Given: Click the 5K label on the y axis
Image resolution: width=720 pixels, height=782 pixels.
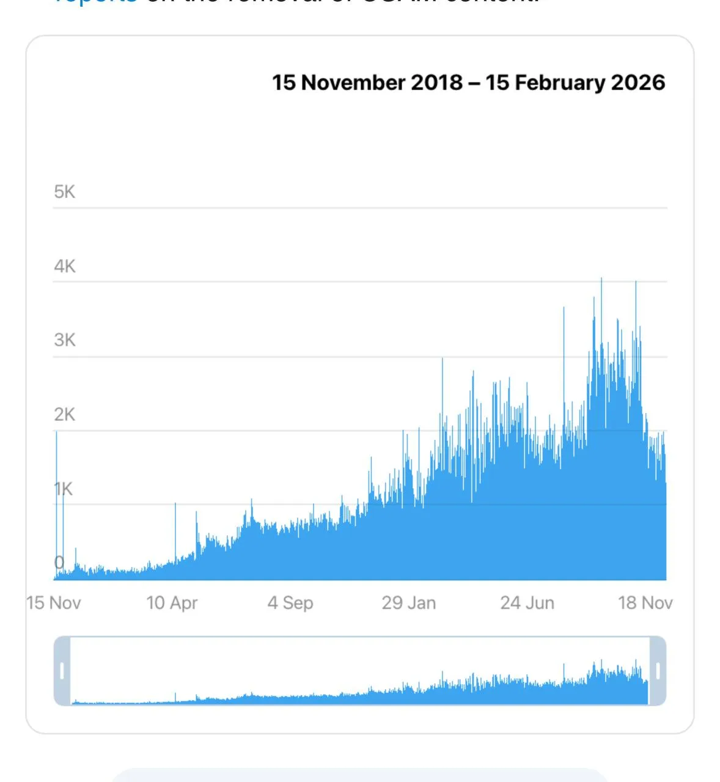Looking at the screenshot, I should coord(64,192).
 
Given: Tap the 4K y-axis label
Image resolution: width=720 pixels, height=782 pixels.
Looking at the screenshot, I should coord(64,266).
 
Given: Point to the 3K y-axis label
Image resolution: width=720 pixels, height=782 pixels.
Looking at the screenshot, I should coord(64,340).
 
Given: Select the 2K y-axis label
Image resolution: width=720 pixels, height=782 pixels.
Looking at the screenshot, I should coord(64,415).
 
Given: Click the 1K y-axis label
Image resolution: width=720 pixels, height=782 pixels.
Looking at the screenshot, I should coord(64,489).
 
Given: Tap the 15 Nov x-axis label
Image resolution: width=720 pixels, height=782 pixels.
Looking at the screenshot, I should coord(54,603).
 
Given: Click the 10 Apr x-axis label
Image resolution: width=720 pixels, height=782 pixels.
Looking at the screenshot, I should coord(172,603).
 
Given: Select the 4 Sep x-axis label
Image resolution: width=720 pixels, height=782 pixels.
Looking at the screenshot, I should coord(290,603).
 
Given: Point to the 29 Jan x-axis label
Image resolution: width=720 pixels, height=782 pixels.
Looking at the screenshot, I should coord(409,603).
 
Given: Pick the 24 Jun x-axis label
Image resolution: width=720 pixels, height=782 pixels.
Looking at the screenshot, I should coord(527,603).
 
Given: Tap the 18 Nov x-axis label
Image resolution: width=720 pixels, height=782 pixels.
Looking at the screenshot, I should coord(645,603).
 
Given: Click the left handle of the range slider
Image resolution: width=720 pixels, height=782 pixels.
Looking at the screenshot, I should coord(62,671).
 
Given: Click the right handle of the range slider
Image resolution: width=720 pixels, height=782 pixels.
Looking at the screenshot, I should coord(658,671).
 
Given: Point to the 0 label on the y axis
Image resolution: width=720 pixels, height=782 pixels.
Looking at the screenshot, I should coord(59,563).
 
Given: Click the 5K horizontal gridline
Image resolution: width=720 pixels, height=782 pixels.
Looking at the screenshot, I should coord(367,208).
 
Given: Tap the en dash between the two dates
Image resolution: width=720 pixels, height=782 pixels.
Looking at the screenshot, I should coord(474,83).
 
